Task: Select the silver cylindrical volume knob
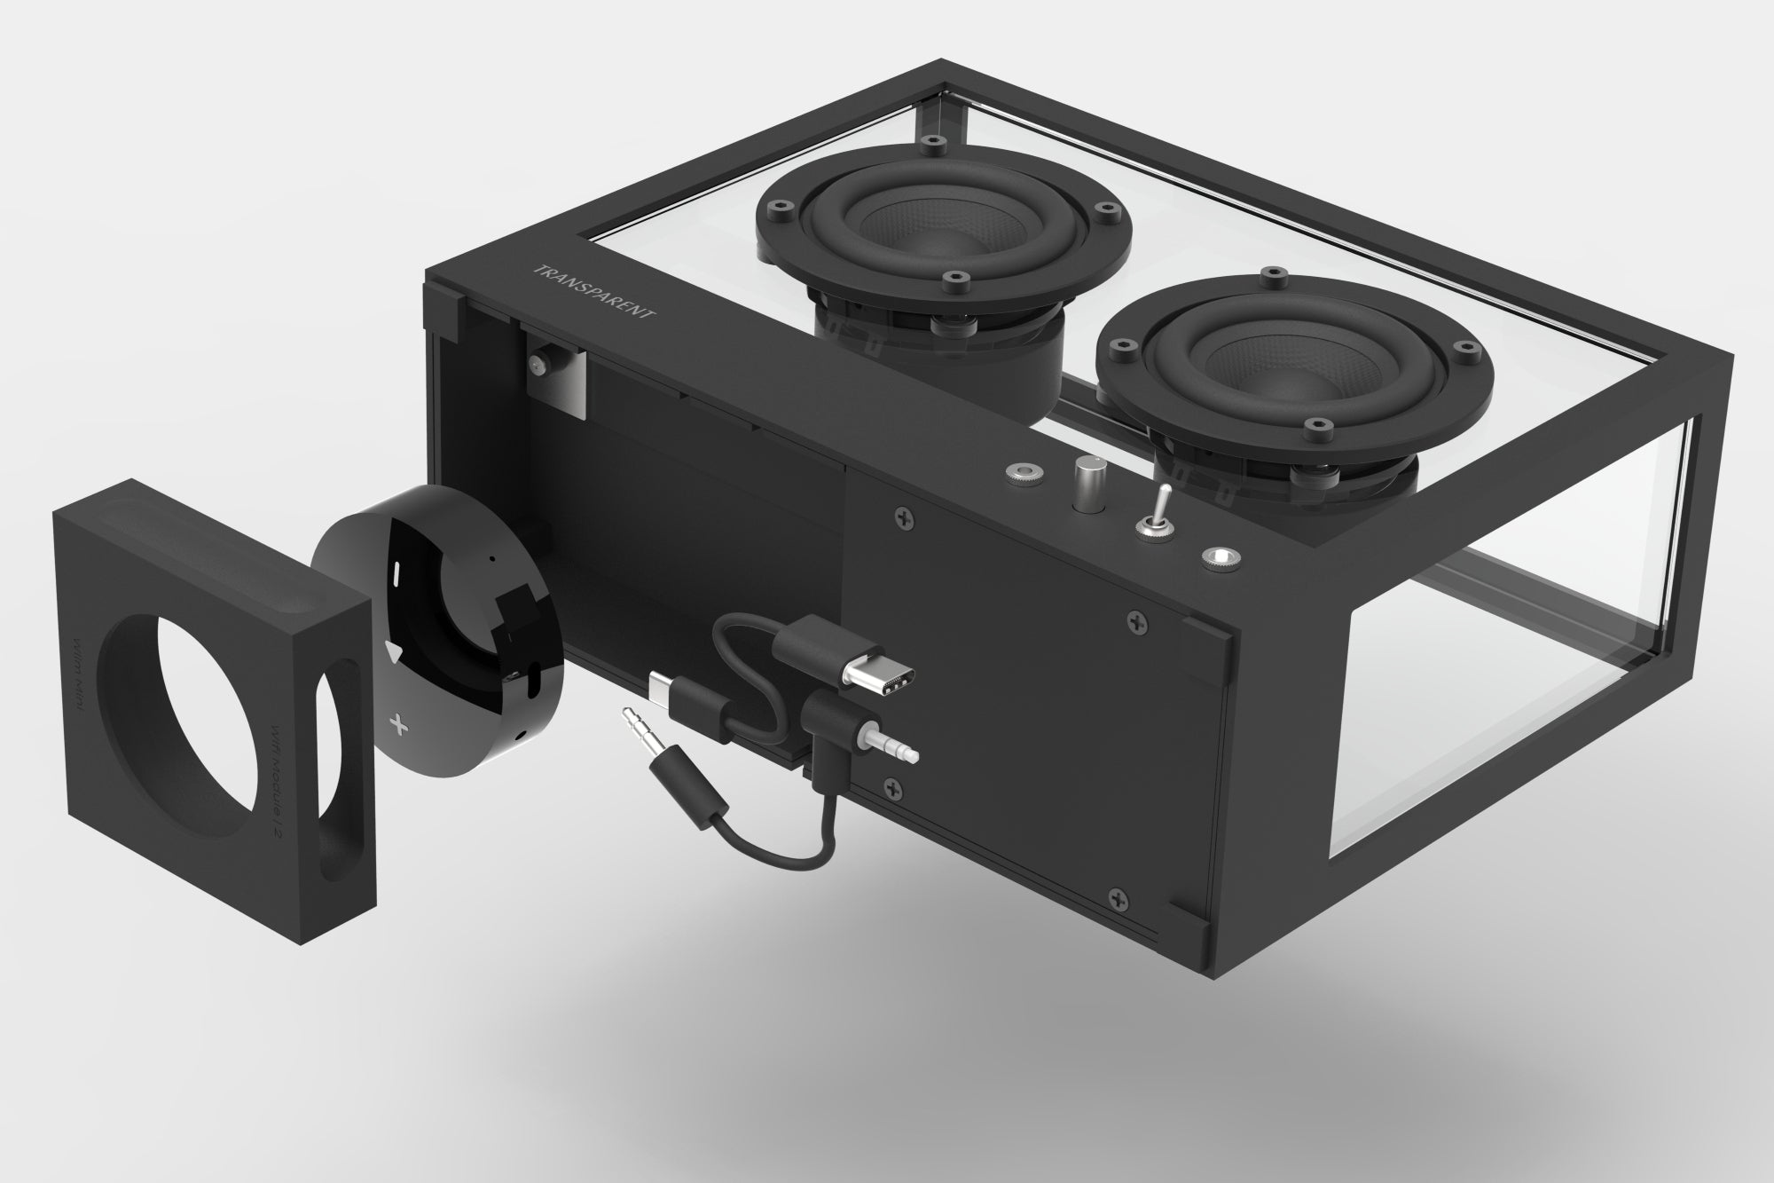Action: coord(1086,484)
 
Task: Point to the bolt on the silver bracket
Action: coord(538,363)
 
